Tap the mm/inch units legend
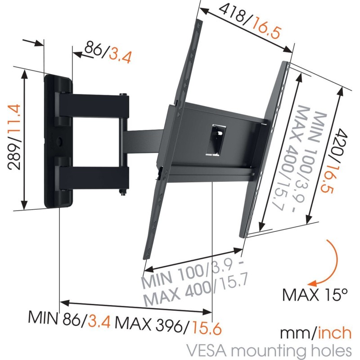(x=315, y=333)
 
